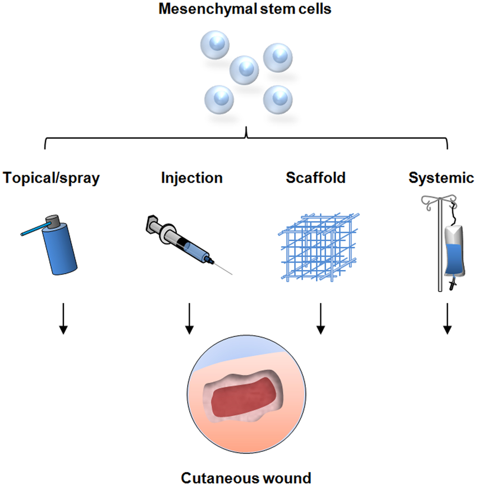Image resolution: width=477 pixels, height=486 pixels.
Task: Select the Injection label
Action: pyautogui.click(x=191, y=178)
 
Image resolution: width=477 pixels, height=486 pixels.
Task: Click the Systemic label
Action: pyautogui.click(x=442, y=178)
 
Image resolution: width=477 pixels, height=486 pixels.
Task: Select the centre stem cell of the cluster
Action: pyautogui.click(x=245, y=68)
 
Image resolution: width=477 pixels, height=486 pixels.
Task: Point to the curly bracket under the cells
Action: pyautogui.click(x=246, y=135)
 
